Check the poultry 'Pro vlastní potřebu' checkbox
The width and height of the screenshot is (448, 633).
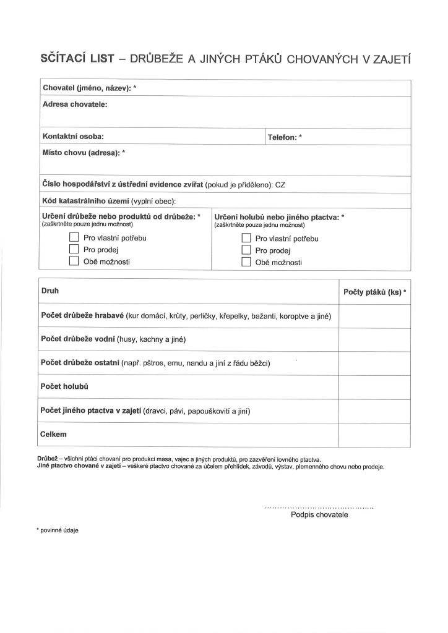point(74,237)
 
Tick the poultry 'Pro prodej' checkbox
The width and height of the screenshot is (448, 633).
point(74,249)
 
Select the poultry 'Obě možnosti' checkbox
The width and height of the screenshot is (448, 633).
point(74,261)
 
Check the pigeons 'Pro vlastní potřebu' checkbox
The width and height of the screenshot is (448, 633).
point(246,238)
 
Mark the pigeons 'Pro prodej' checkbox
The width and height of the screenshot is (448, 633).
point(246,250)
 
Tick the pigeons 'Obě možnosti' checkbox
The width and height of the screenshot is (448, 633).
point(246,262)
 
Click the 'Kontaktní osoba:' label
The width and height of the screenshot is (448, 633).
point(73,136)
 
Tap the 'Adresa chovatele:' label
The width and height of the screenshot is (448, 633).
point(75,104)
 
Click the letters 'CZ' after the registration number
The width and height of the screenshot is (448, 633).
point(280,184)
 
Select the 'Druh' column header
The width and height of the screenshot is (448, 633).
point(50,290)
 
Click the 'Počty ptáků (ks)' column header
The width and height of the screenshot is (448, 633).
point(374,292)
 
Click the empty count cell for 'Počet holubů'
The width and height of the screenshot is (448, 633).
point(374,387)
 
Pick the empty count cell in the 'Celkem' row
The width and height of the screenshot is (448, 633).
point(374,435)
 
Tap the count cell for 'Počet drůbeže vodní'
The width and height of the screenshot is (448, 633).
point(374,340)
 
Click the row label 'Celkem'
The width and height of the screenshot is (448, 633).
point(54,435)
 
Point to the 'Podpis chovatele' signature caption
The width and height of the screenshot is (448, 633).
point(319,514)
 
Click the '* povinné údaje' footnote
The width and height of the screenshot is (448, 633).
point(58,530)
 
